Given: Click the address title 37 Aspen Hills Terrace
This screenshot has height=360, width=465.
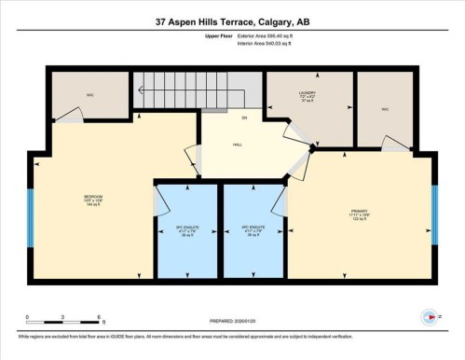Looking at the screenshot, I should pos(232,21).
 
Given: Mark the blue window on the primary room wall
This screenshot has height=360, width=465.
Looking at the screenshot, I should pos(434,213).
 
